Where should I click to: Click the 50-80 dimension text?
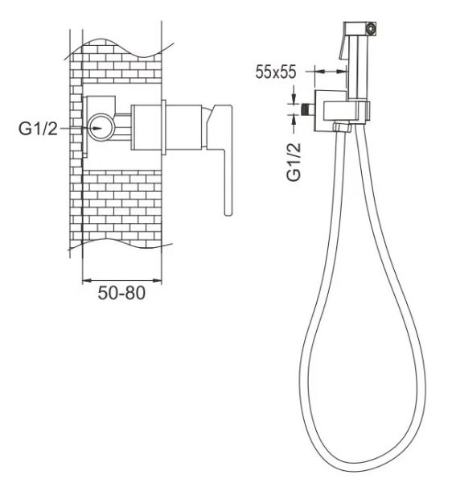pyautogui.click(x=121, y=293)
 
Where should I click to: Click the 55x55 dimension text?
pyautogui.click(x=276, y=72)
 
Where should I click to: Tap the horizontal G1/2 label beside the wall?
pyautogui.click(x=38, y=129)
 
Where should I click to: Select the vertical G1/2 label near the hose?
pyautogui.click(x=294, y=163)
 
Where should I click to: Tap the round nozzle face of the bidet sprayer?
pyautogui.click(x=372, y=28)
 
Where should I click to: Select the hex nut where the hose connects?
pyautogui.click(x=342, y=127)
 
